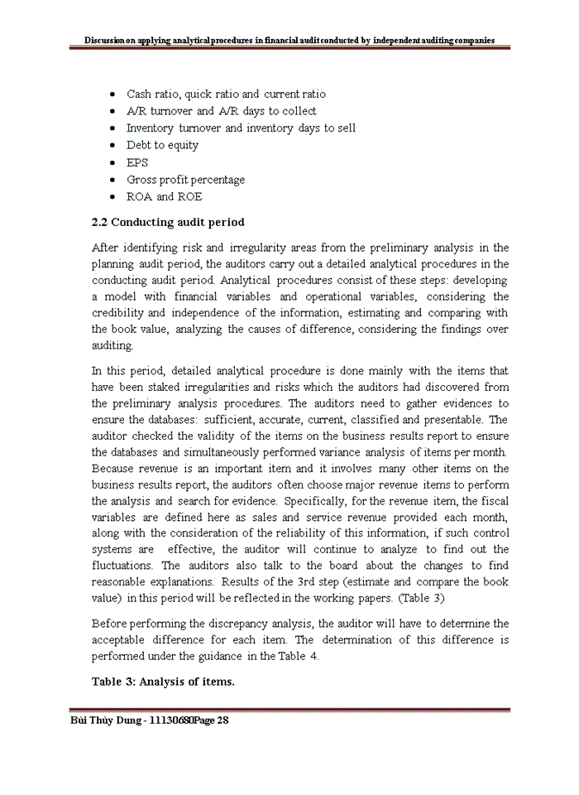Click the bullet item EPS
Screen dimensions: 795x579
tap(137, 162)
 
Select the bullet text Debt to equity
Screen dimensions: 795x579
tap(162, 145)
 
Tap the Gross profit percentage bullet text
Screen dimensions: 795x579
tap(185, 180)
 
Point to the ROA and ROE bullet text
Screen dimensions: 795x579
tap(164, 197)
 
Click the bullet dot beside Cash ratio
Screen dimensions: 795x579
tap(113, 94)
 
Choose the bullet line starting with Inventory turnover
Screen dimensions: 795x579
tap(241, 128)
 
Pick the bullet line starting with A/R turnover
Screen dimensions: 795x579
tap(221, 111)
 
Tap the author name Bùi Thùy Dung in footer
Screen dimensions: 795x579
tap(108, 721)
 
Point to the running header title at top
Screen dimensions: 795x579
tap(289, 39)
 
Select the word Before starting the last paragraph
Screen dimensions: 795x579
tap(108, 623)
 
